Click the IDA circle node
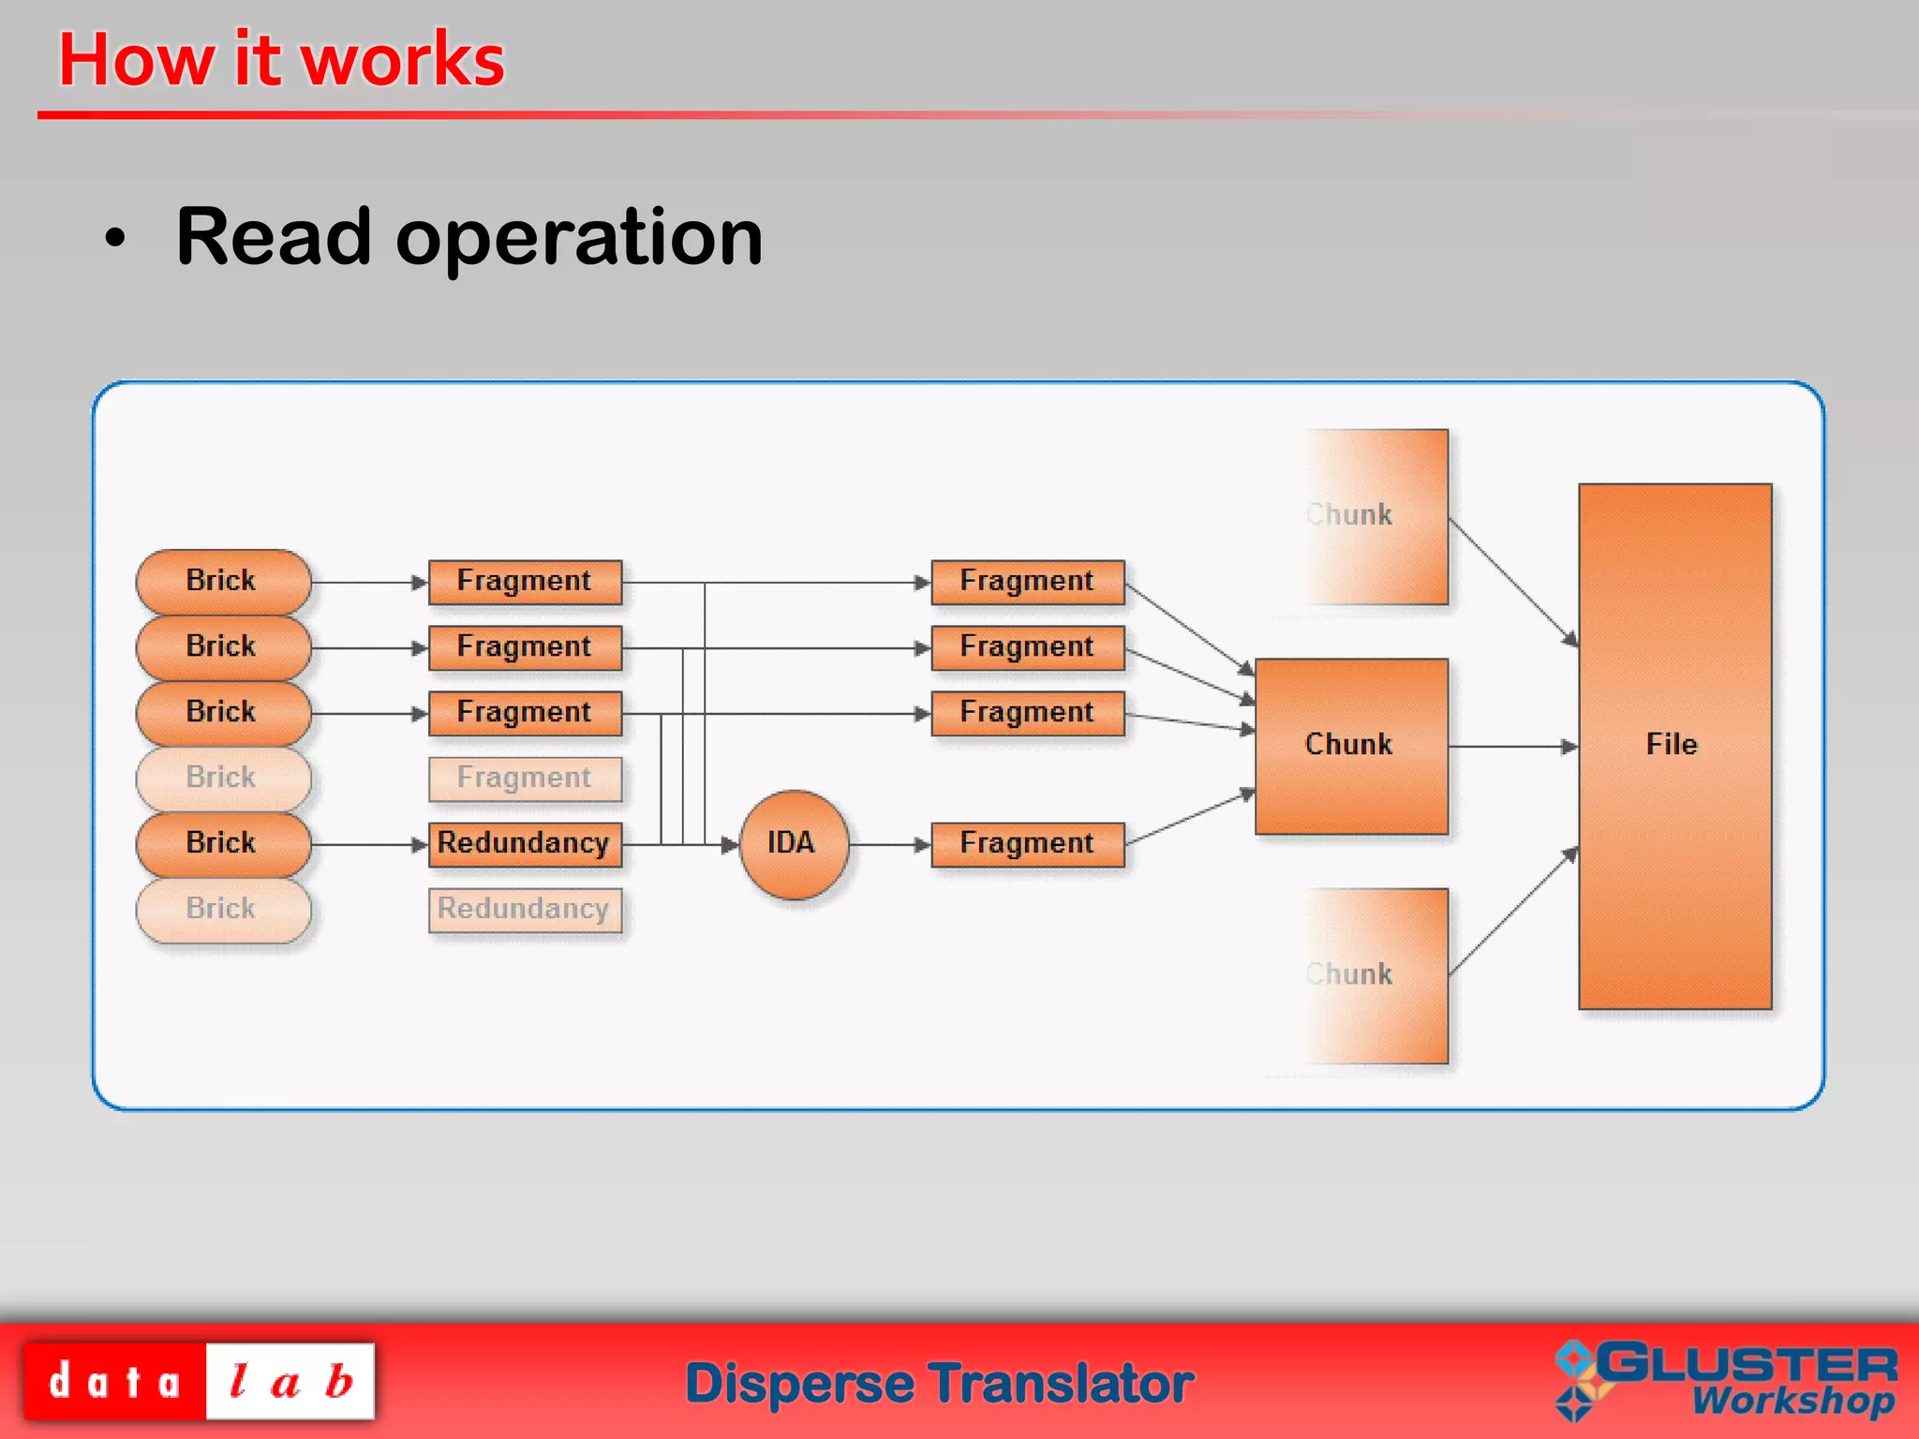[x=793, y=843]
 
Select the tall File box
[x=1674, y=746]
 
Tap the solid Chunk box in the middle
[x=1350, y=746]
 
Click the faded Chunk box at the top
[x=1377, y=516]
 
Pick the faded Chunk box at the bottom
[x=1377, y=975]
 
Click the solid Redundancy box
[x=524, y=843]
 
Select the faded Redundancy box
[x=524, y=909]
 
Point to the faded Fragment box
[x=524, y=778]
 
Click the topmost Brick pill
[x=222, y=581]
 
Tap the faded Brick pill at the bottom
[x=222, y=909]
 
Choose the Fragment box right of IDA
[x=1027, y=843]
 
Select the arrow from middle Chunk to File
[x=1511, y=747]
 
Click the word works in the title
[x=404, y=60]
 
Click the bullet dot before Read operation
[x=114, y=239]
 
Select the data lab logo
[x=199, y=1381]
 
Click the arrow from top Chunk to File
[x=1512, y=582]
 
